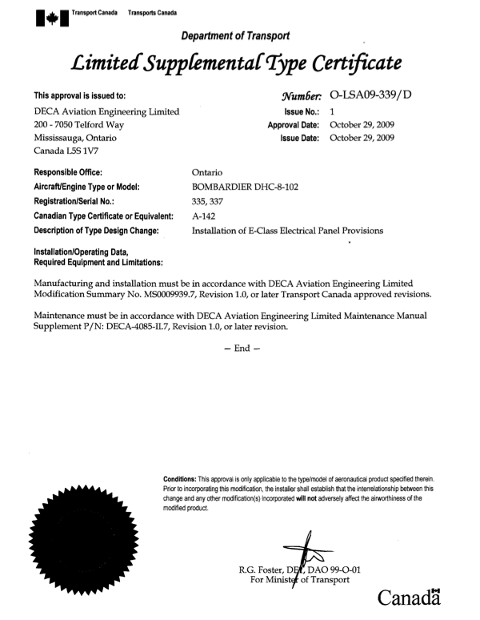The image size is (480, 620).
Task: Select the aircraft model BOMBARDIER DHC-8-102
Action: tap(246, 186)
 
